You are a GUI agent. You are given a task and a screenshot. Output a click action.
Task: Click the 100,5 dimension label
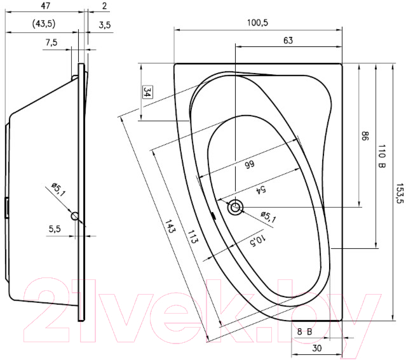(257, 22)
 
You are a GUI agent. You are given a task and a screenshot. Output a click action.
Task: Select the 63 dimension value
(288, 41)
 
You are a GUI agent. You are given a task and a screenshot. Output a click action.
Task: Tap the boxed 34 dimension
(147, 92)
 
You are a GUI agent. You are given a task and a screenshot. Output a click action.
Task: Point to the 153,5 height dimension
(400, 193)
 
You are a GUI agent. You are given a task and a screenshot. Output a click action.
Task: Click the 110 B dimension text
(382, 156)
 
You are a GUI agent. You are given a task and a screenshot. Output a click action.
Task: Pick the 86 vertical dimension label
(365, 136)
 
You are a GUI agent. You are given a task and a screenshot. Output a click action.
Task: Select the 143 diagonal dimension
(170, 226)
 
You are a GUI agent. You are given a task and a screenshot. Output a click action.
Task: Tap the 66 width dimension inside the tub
(250, 164)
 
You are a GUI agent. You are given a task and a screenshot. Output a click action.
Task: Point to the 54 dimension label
(261, 190)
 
